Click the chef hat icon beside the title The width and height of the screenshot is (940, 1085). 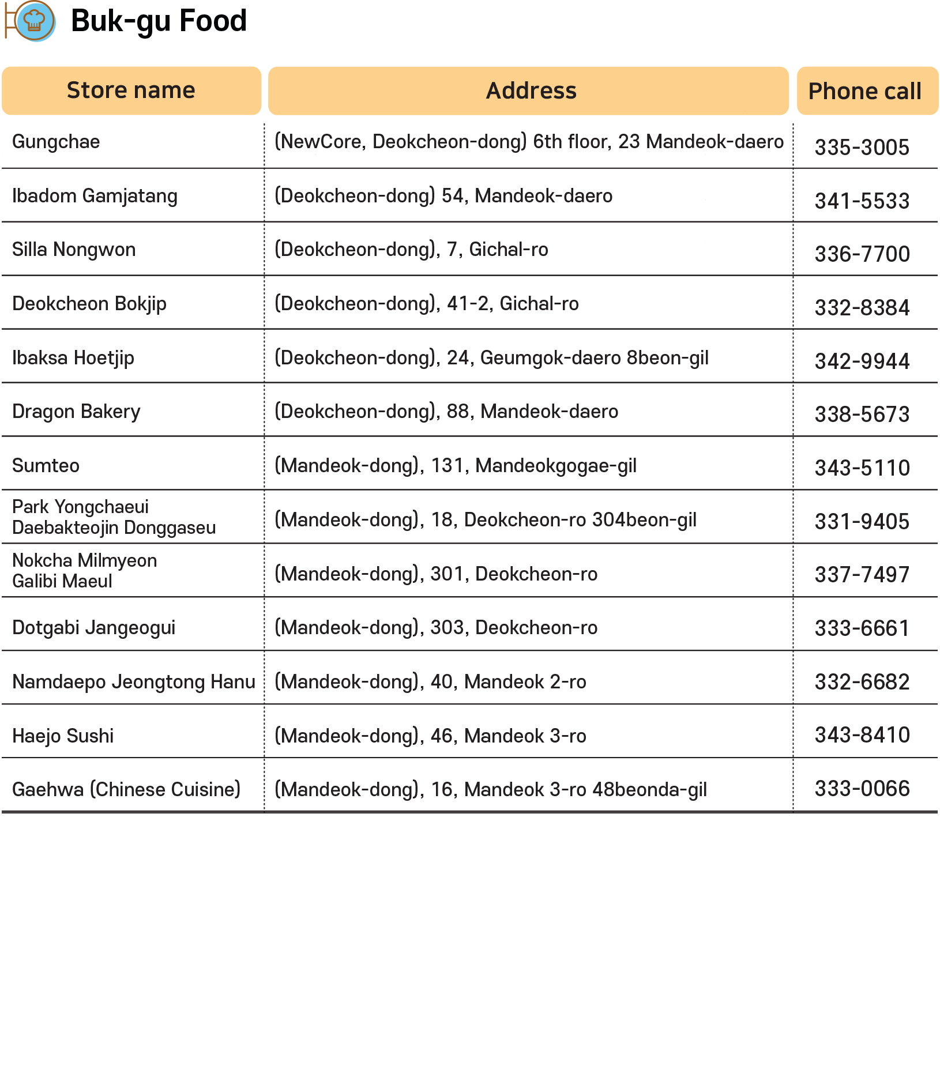(x=35, y=21)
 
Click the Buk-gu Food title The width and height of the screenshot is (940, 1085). (x=159, y=21)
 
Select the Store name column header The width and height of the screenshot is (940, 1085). (x=131, y=91)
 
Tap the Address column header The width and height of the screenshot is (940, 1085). (x=531, y=91)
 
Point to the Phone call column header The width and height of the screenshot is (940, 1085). (x=864, y=91)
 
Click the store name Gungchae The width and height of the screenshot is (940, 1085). (x=56, y=142)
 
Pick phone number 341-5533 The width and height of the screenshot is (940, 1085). (x=862, y=201)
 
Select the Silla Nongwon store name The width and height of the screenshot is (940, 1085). (x=74, y=250)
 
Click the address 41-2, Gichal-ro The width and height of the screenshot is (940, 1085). (x=426, y=304)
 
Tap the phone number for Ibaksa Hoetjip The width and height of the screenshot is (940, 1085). (x=862, y=361)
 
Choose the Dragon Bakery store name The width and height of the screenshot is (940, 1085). (x=76, y=412)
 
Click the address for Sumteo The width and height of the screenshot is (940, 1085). (x=455, y=466)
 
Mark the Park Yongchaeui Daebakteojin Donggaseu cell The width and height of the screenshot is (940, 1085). (x=114, y=517)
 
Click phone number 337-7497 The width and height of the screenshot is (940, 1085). (x=862, y=575)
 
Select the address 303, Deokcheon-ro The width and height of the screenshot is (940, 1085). (x=435, y=628)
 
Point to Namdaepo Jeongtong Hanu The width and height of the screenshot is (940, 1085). (x=133, y=682)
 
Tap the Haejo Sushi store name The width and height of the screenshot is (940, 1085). (x=63, y=736)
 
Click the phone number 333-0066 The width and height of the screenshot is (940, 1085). (x=862, y=789)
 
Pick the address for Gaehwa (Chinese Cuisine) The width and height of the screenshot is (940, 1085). (x=490, y=790)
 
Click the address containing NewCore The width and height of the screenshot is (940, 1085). (x=529, y=142)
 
